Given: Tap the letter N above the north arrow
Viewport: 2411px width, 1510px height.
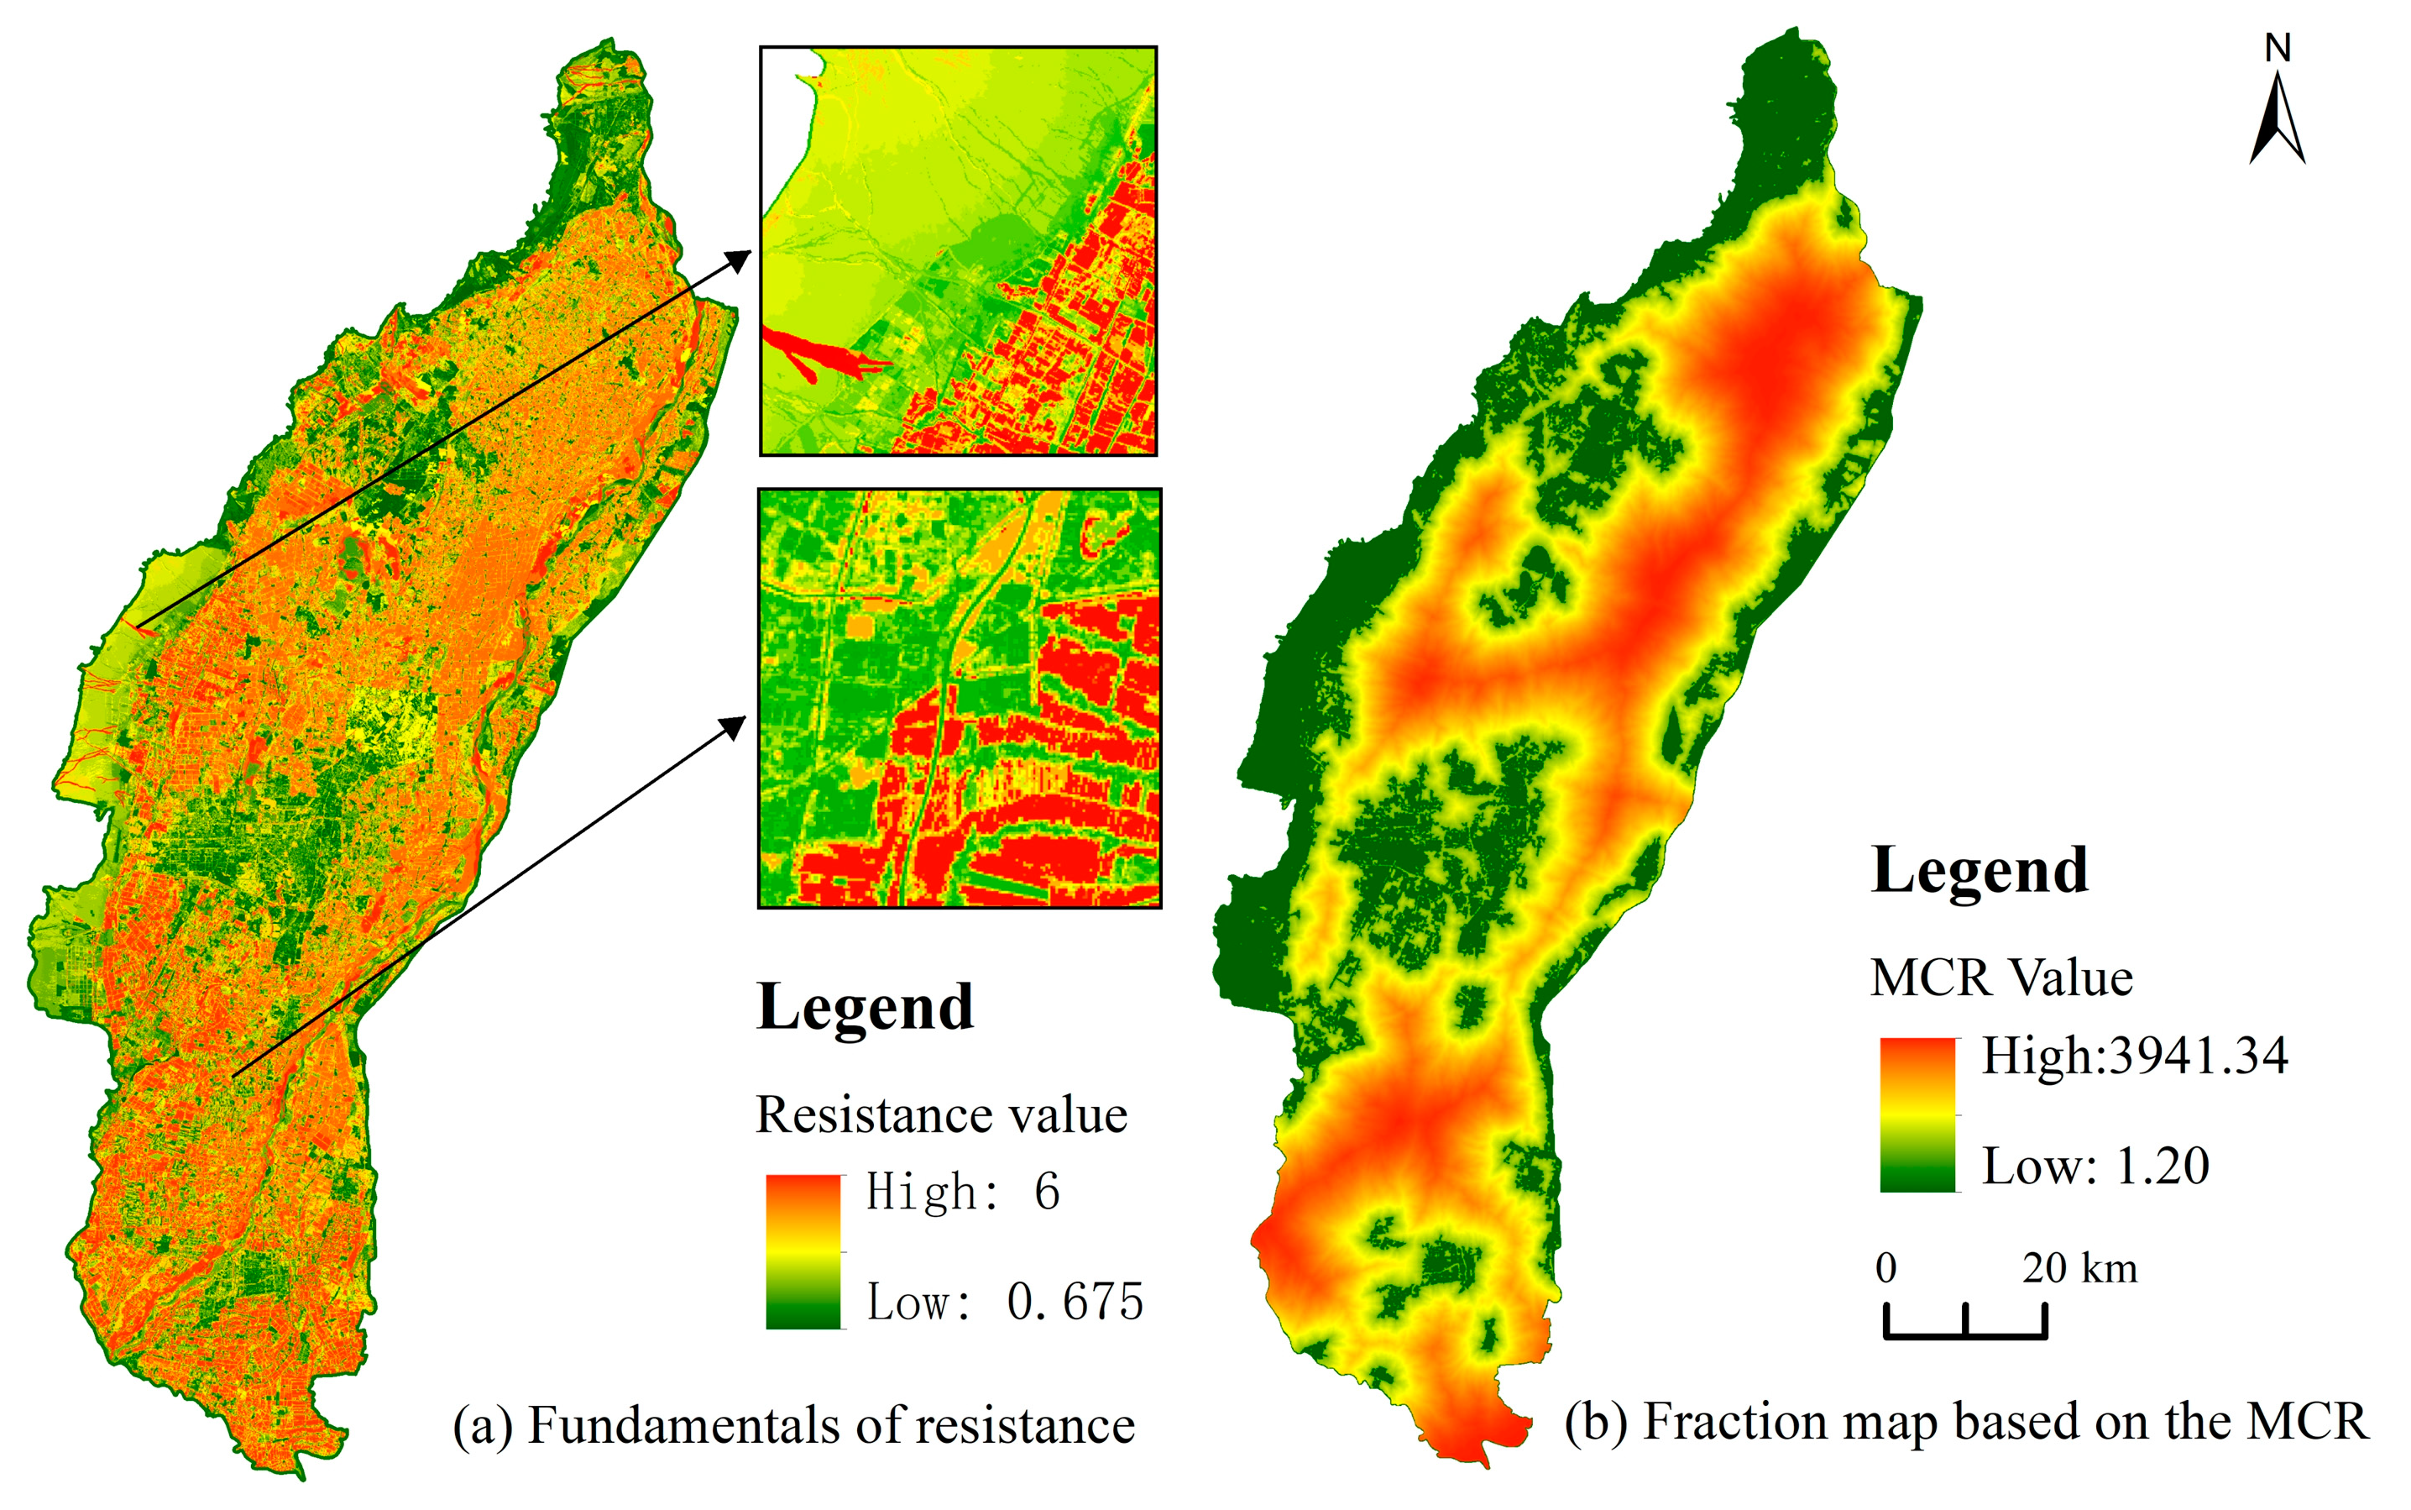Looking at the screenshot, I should point(2278,48).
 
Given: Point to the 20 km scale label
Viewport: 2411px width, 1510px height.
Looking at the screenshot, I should point(2079,1268).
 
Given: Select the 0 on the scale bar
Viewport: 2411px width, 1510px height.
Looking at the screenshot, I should point(1885,1268).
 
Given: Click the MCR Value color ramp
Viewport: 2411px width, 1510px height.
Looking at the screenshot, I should point(1917,1114).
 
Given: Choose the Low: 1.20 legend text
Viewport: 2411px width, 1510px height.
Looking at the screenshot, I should point(2095,1166).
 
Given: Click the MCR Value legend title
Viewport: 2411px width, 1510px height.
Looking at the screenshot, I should point(2000,978).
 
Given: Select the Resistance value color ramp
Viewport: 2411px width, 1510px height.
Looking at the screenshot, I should point(803,1251).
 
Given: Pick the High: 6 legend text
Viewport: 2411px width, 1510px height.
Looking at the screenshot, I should point(962,1192).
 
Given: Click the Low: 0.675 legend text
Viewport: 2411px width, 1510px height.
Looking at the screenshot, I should point(1004,1301).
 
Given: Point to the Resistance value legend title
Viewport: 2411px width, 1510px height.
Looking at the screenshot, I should point(941,1114).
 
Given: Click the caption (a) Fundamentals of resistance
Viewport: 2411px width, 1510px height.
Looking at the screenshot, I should point(793,1425).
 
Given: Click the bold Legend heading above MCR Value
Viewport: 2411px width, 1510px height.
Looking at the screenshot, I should point(1979,871).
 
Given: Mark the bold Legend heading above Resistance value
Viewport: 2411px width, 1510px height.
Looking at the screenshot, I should point(865,1007).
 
